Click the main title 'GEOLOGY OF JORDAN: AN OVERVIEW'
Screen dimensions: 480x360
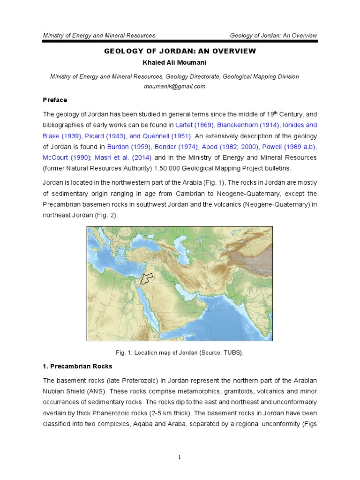tap(180, 51)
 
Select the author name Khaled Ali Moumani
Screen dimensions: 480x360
tap(180, 62)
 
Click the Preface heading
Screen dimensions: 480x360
tap(55, 100)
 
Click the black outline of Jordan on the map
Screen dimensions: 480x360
tap(148, 277)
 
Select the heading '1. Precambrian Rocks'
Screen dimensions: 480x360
tap(78, 366)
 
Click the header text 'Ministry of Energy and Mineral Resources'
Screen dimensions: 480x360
tap(99, 36)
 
